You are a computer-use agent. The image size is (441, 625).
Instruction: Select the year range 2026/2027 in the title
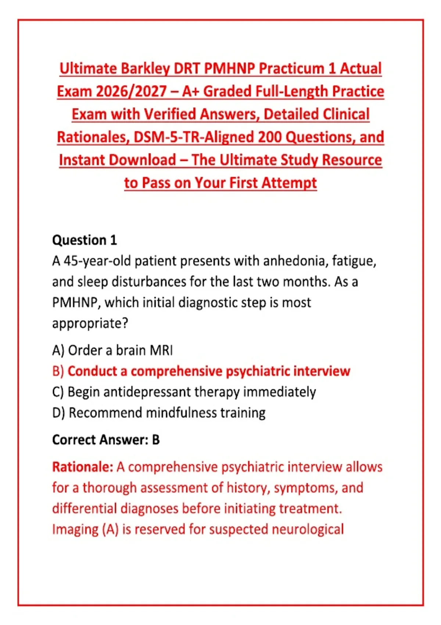click(x=131, y=92)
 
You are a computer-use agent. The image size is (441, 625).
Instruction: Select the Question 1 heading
click(x=85, y=240)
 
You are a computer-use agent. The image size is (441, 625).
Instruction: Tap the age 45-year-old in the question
click(x=98, y=261)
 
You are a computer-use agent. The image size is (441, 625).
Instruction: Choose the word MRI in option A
click(x=161, y=350)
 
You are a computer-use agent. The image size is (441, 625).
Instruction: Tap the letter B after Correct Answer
click(x=156, y=440)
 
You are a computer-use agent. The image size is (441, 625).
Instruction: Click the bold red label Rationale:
click(x=83, y=467)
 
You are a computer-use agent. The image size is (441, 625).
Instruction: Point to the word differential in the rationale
click(x=85, y=508)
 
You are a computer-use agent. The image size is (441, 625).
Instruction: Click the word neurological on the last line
click(x=308, y=529)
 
